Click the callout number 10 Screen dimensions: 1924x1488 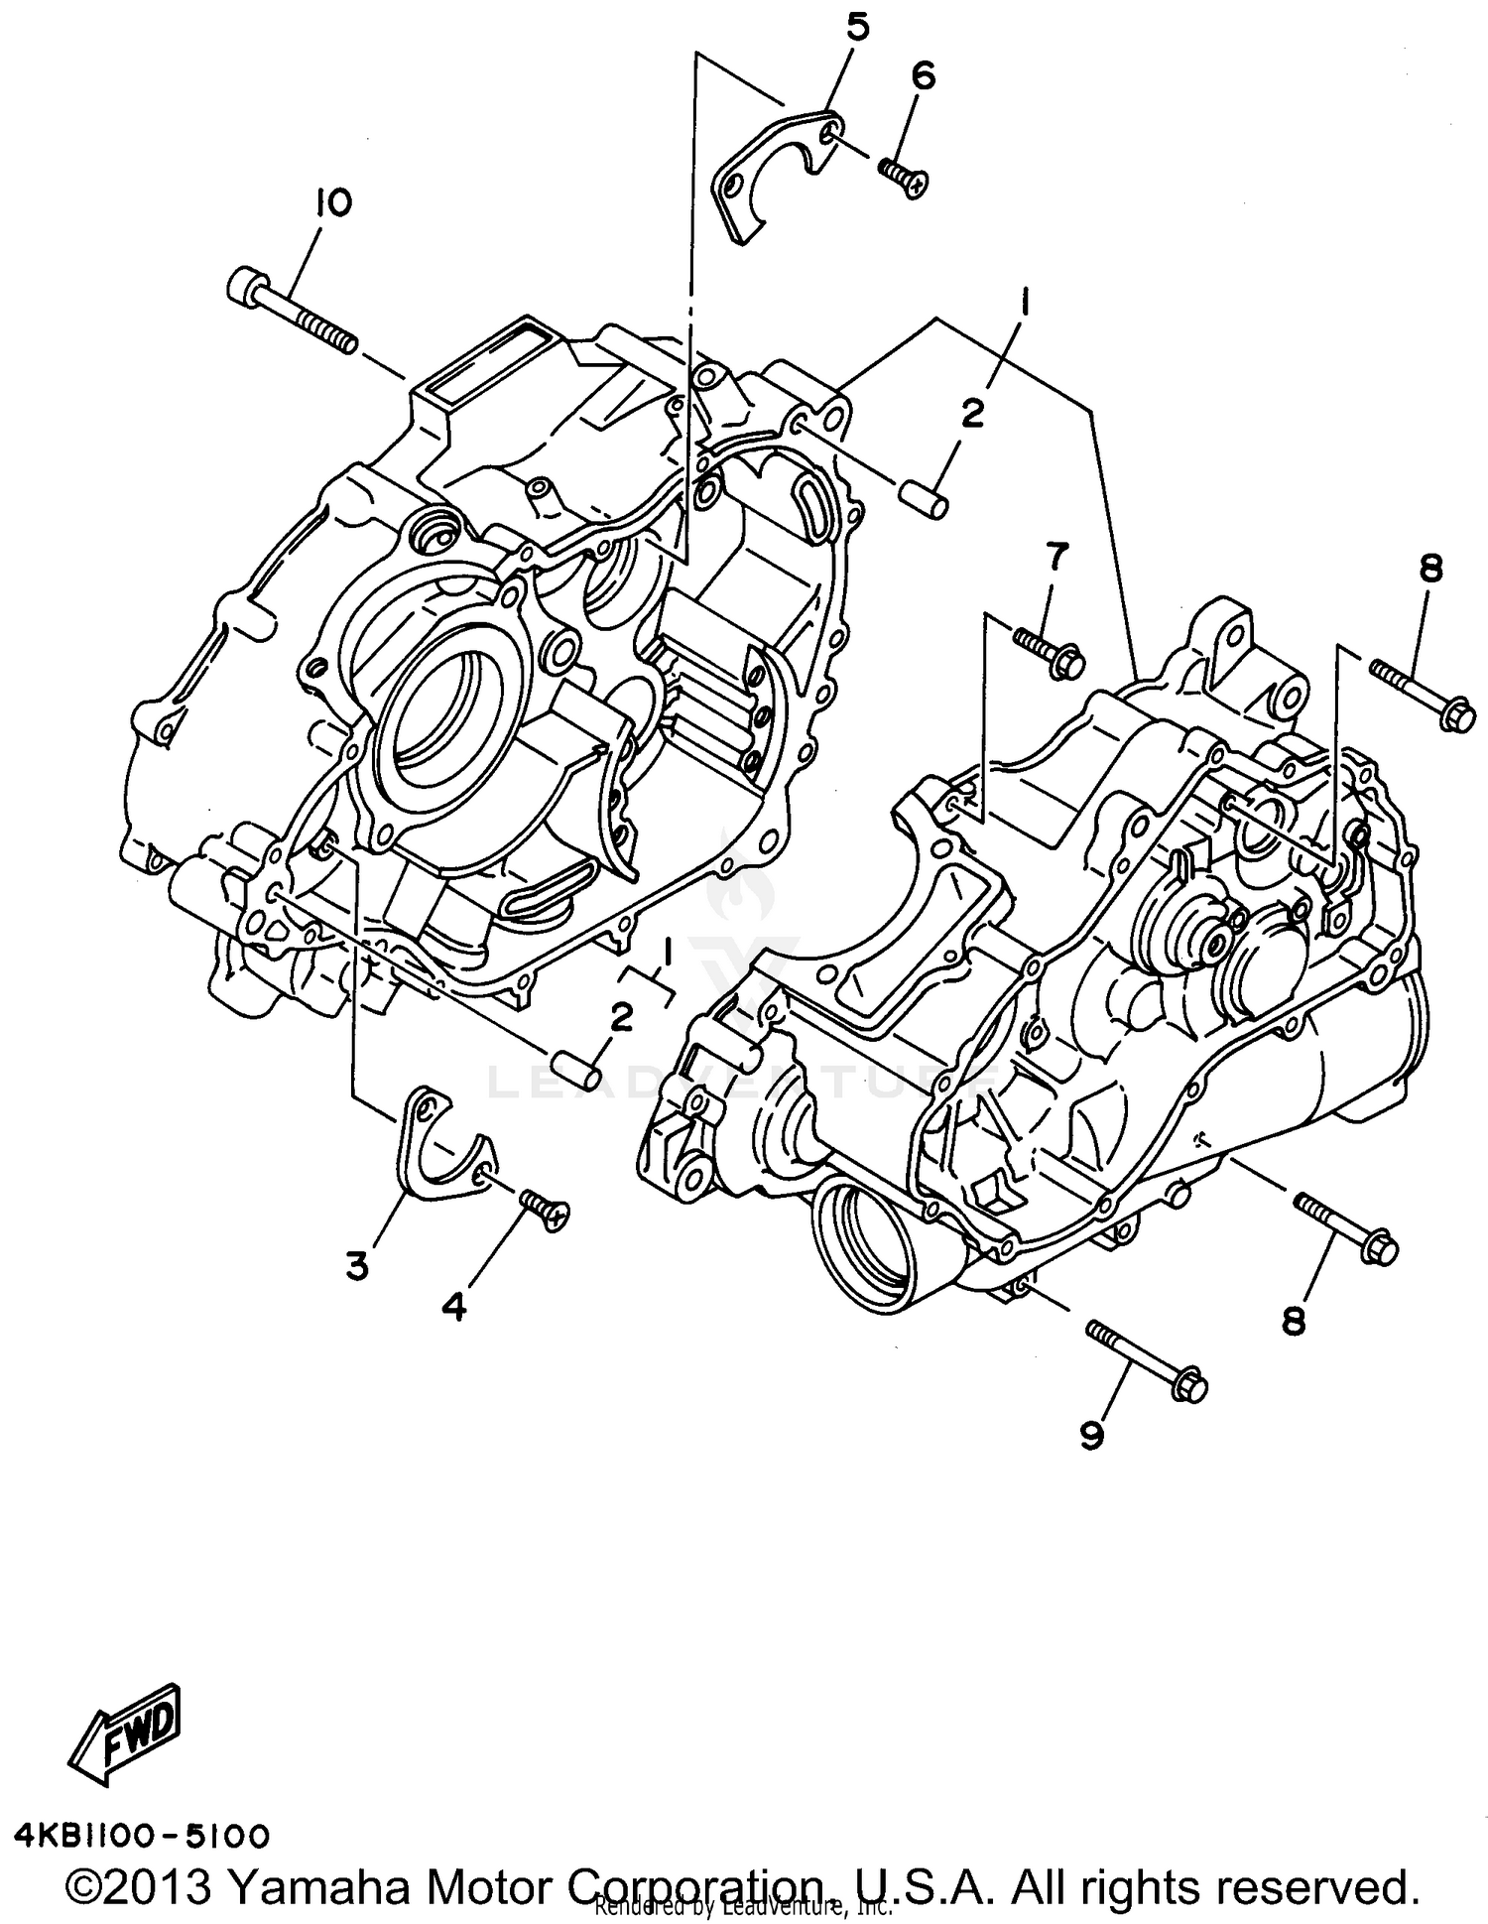tap(333, 203)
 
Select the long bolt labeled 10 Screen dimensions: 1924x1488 tap(294, 313)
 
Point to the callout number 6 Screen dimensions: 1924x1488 tap(923, 76)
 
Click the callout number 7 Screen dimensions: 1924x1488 tap(1054, 558)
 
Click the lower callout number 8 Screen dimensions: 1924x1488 tap(1293, 1321)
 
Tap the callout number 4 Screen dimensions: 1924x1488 tap(453, 1307)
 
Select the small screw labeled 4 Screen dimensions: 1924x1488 tap(545, 1212)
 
